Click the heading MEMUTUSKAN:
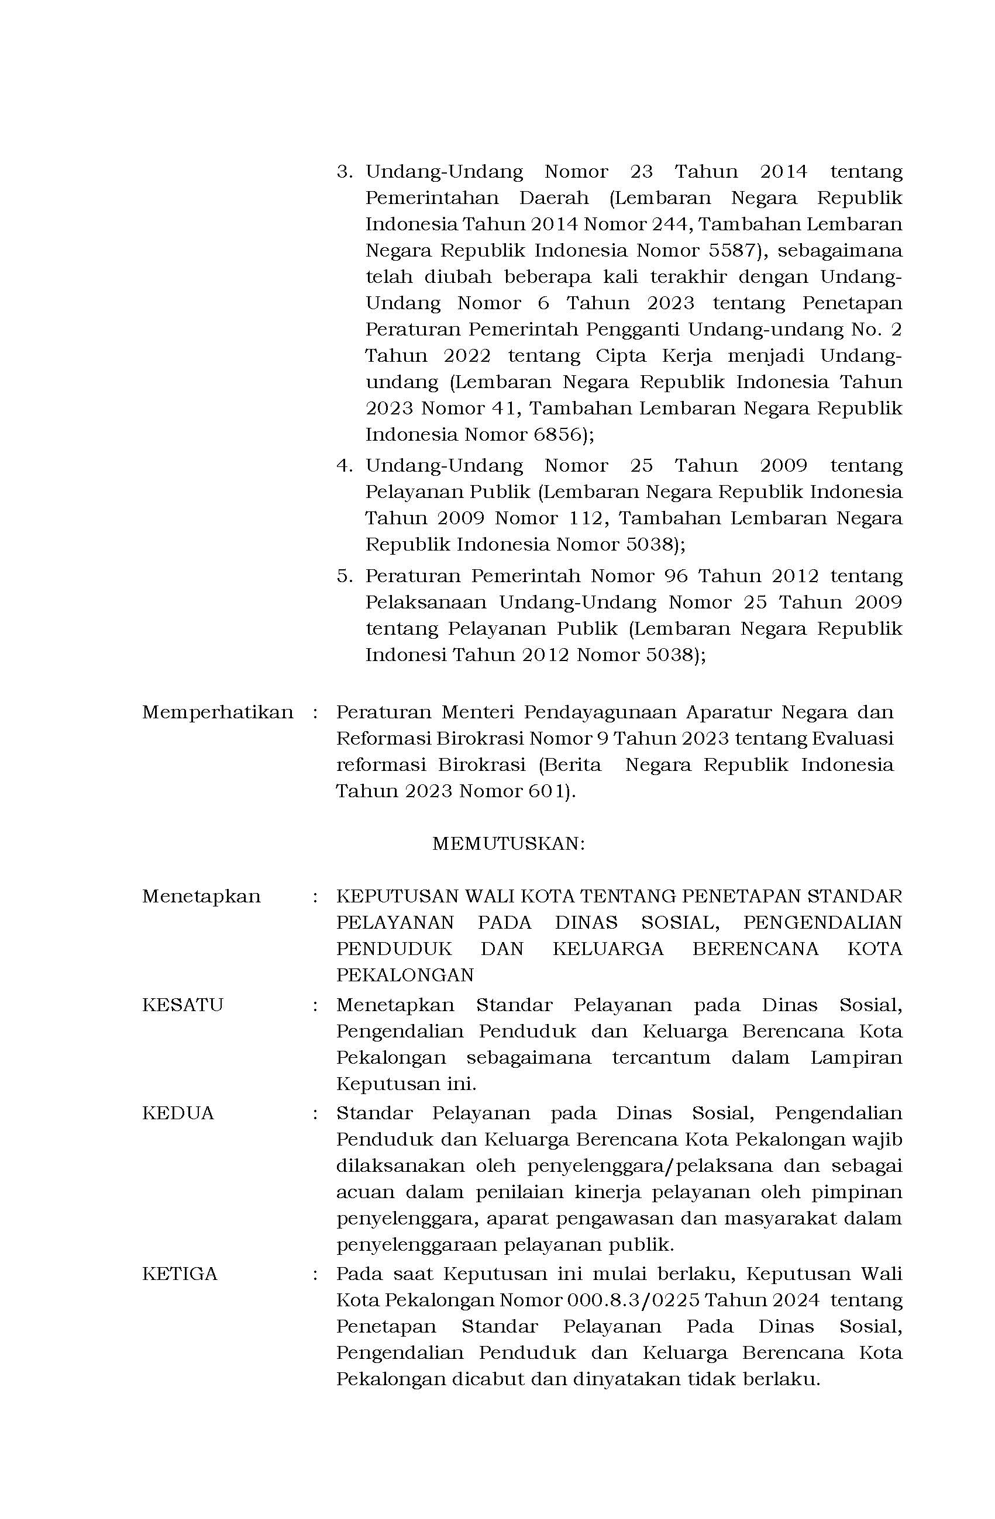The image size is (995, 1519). click(x=508, y=844)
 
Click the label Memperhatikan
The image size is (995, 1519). click(x=217, y=712)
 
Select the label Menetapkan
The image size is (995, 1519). click(x=201, y=896)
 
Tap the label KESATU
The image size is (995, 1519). click(x=183, y=1005)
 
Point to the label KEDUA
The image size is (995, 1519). click(x=178, y=1113)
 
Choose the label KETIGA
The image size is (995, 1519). click(x=180, y=1274)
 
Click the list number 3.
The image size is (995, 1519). click(x=345, y=172)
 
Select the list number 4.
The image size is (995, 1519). click(x=345, y=465)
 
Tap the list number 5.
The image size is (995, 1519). click(x=345, y=576)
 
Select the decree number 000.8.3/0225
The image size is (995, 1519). click(x=635, y=1300)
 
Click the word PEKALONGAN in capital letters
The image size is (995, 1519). click(x=405, y=975)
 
